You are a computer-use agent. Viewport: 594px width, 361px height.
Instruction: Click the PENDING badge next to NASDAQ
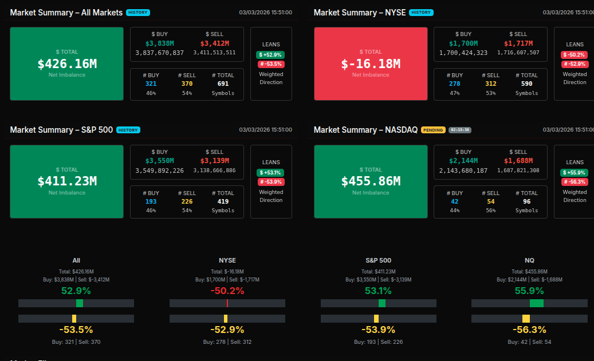pyautogui.click(x=433, y=130)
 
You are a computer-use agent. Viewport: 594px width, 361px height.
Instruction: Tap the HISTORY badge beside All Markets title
pyautogui.click(x=137, y=12)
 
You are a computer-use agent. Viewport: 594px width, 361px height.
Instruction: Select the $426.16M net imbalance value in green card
pyautogui.click(x=67, y=64)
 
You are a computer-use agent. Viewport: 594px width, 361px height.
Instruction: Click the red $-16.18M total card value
pyautogui.click(x=371, y=64)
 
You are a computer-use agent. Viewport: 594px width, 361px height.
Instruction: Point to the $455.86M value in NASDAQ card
pyautogui.click(x=371, y=181)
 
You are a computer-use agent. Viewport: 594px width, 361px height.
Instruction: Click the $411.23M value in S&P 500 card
pyautogui.click(x=67, y=181)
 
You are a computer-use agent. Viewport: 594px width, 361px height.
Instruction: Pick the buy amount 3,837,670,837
pyautogui.click(x=159, y=53)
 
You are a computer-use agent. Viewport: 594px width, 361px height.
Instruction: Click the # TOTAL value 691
pyautogui.click(x=223, y=84)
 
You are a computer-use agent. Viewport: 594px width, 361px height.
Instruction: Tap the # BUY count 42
pyautogui.click(x=455, y=201)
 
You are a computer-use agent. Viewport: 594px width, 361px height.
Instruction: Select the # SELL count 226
pyautogui.click(x=187, y=201)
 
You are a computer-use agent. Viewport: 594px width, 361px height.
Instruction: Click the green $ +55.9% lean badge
pyautogui.click(x=574, y=173)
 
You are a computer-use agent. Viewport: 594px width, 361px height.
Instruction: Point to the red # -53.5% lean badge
pyautogui.click(x=271, y=64)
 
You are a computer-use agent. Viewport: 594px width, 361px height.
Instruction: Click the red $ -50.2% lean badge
pyautogui.click(x=574, y=55)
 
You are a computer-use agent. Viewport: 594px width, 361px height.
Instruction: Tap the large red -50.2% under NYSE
pyautogui.click(x=227, y=291)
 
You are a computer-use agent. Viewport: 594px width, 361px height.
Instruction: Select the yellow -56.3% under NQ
pyautogui.click(x=529, y=330)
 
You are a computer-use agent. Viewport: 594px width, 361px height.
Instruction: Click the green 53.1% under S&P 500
pyautogui.click(x=378, y=291)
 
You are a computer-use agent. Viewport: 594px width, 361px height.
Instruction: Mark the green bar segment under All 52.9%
pyautogui.click(x=80, y=303)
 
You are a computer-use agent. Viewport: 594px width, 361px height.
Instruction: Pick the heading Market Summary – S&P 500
pyautogui.click(x=61, y=130)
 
